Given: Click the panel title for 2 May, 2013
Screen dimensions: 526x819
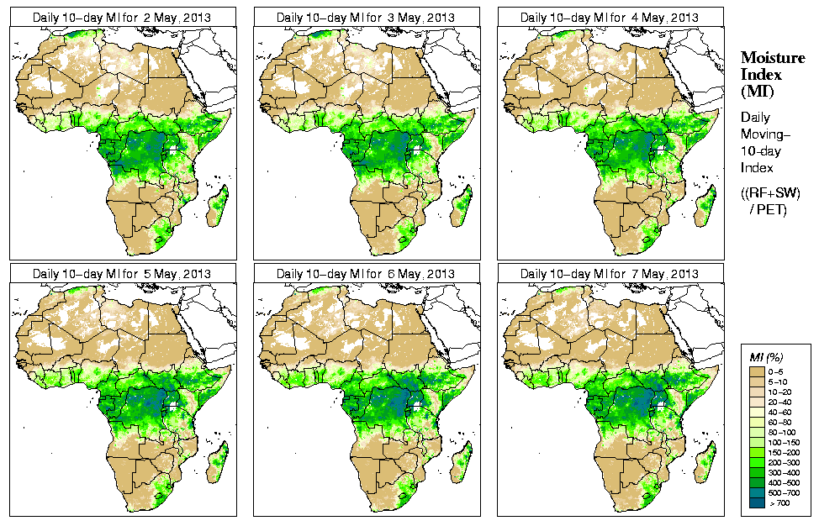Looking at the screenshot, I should pos(122,18).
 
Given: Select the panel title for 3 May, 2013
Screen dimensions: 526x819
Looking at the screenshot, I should pos(366,18).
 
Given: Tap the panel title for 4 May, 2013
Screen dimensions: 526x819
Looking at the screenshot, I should pos(610,18).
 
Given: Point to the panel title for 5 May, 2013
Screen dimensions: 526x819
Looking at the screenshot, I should pos(122,274).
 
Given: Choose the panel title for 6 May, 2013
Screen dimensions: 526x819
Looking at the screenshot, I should pos(366,274).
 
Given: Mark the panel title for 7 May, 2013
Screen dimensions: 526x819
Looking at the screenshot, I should pos(610,274).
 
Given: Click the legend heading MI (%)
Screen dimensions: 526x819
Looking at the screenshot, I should pos(764,359).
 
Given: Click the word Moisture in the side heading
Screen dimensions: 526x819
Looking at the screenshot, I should pos(773,57).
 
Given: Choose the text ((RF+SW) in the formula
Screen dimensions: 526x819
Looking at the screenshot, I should pos(771,193).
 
